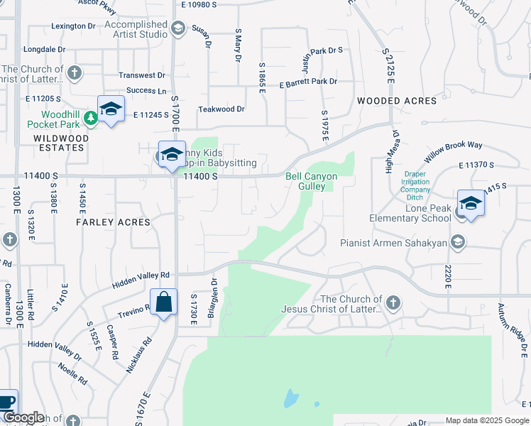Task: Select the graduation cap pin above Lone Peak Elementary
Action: (x=470, y=204)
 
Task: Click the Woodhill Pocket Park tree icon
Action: (x=91, y=118)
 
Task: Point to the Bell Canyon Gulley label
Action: (x=311, y=181)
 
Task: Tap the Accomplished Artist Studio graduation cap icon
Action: (x=177, y=28)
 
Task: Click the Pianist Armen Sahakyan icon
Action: (x=459, y=243)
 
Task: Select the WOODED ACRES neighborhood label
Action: (x=397, y=101)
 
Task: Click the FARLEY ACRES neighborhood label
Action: (x=114, y=222)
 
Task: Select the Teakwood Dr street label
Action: (x=221, y=109)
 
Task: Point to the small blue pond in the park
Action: (x=291, y=399)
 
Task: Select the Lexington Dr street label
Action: (x=73, y=26)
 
